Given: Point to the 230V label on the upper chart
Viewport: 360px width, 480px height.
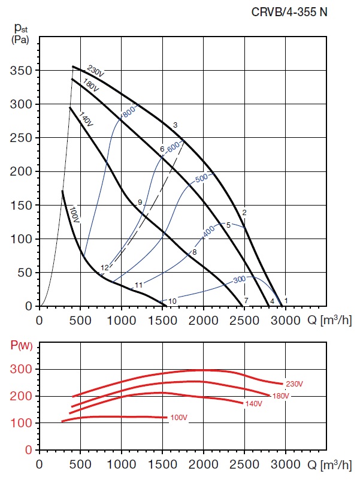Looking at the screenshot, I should tap(96, 71).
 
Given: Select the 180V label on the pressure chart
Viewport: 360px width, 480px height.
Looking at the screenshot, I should tap(91, 85).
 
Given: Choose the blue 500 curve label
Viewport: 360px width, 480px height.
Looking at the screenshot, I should tap(202, 178).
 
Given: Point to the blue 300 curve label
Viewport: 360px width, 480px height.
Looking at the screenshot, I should tap(240, 280).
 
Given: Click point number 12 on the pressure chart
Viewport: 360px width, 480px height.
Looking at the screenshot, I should tap(105, 268).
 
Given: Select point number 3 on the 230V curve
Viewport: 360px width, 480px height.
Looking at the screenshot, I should tap(175, 125).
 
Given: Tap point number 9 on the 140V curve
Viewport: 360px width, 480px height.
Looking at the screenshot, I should tap(140, 203).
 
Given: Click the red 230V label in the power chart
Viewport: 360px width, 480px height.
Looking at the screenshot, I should tap(292, 384).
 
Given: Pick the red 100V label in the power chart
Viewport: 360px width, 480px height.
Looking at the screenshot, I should tap(179, 417).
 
